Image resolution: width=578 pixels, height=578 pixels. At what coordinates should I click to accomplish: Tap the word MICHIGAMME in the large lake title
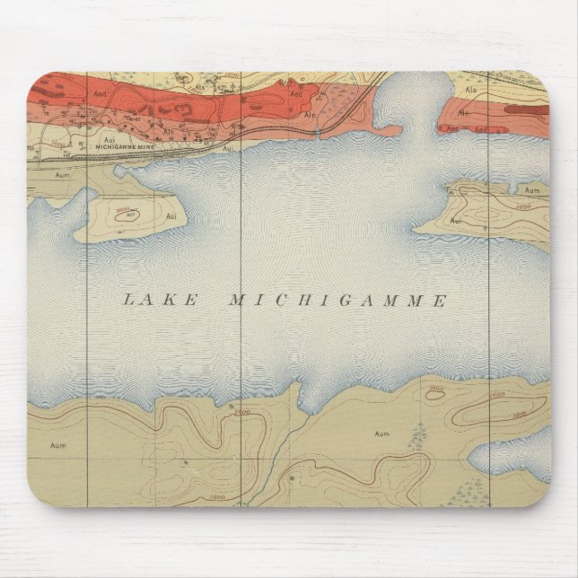pos(338,301)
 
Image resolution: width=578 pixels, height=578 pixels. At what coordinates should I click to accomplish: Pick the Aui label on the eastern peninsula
pos(456,218)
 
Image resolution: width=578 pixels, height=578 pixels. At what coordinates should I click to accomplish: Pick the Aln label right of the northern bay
pos(463,113)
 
